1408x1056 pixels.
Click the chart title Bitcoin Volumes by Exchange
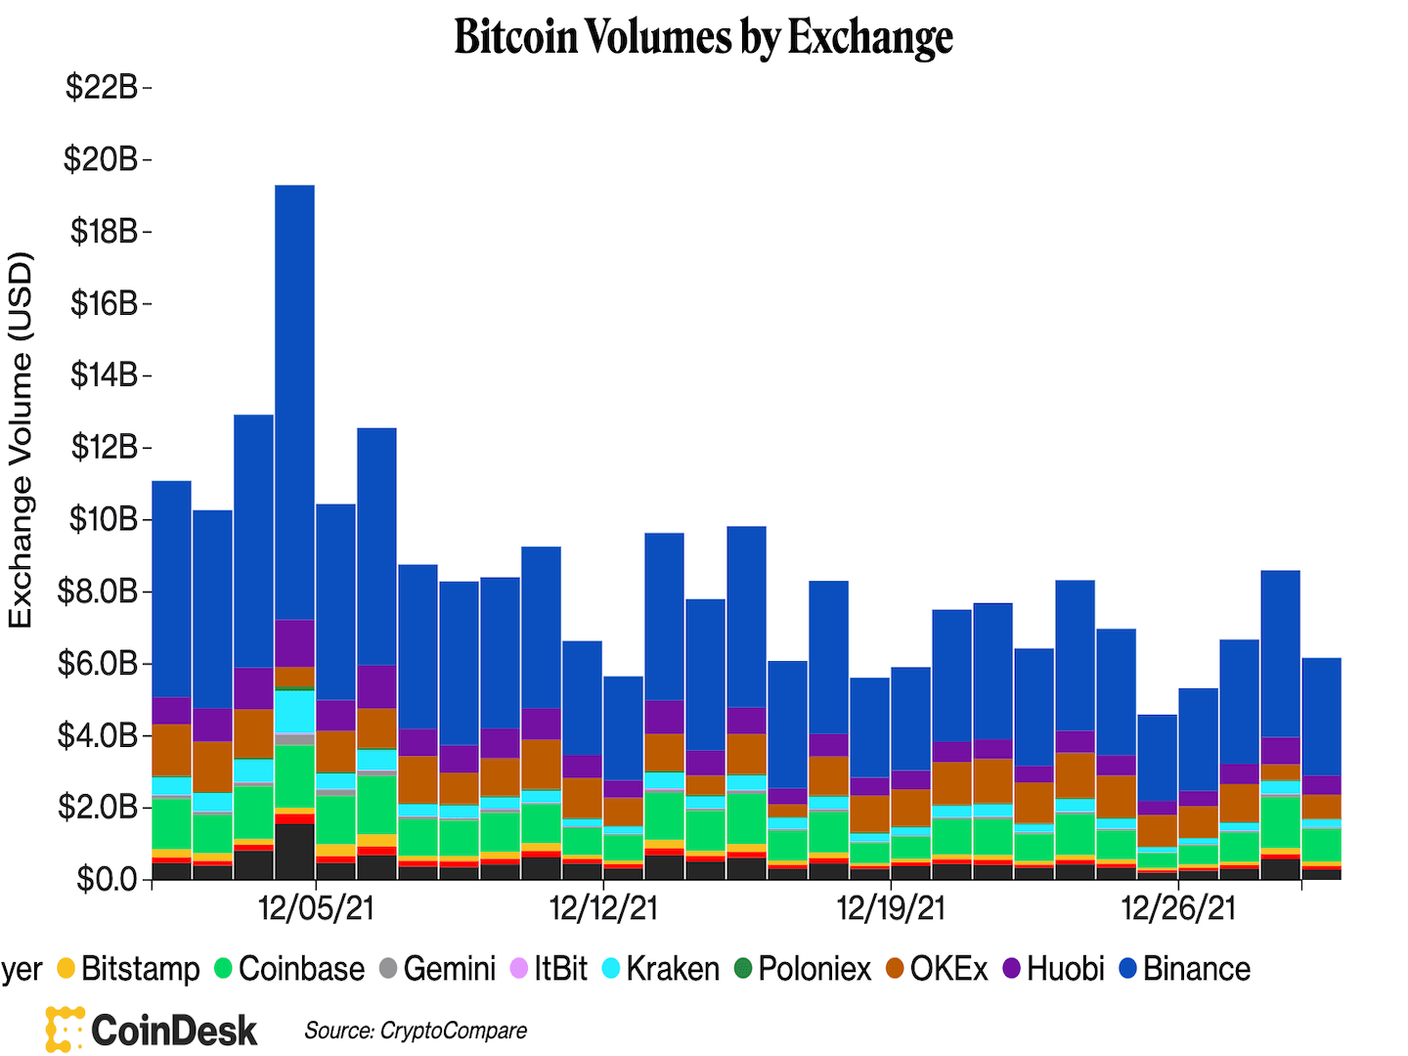703,37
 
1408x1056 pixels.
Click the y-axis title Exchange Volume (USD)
21,440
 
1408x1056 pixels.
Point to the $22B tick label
102,87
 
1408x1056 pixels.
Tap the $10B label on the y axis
103,519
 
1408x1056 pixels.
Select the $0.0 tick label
108,879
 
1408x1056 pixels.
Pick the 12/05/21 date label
316,908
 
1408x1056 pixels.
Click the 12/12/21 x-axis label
603,908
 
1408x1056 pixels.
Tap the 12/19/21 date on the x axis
891,908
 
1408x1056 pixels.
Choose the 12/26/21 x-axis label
1178,908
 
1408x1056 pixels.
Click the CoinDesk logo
153,1030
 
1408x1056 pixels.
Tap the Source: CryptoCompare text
416,1031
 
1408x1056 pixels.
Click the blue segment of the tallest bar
294,401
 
